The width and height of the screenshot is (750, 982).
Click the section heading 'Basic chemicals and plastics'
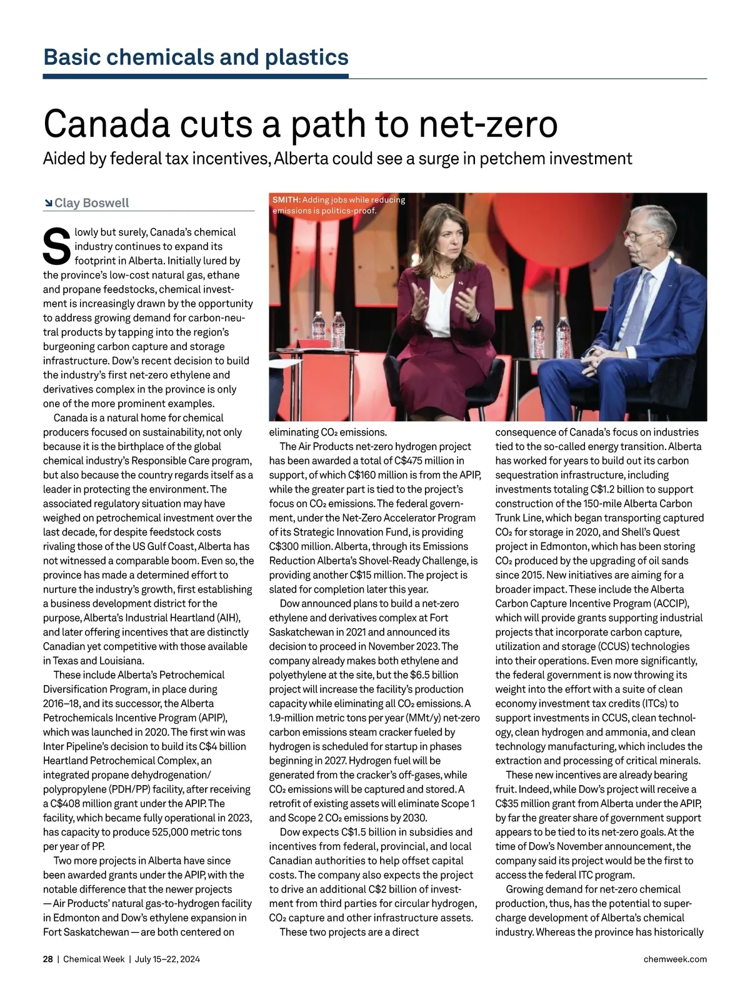click(x=196, y=57)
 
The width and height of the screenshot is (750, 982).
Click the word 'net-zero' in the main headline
click(x=488, y=123)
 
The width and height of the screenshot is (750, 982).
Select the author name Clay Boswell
click(x=92, y=203)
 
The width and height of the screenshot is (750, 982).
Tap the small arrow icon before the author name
click(x=48, y=203)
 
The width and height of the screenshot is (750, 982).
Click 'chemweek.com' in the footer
click(x=675, y=959)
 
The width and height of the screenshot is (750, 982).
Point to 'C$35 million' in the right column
click(x=526, y=803)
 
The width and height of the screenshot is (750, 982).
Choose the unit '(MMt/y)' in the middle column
click(x=422, y=718)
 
